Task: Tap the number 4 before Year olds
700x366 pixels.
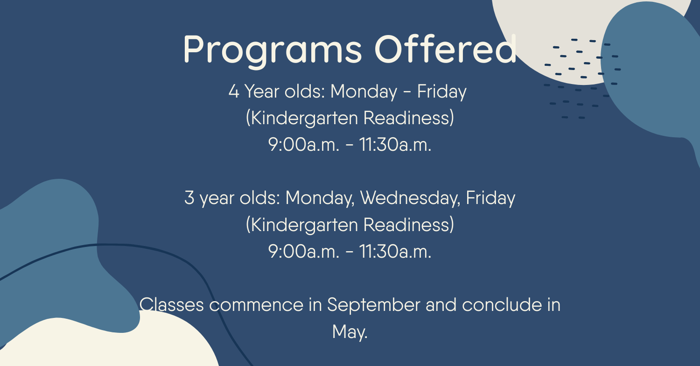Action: pyautogui.click(x=234, y=91)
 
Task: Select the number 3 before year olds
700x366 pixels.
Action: pyautogui.click(x=189, y=197)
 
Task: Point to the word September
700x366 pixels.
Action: pyautogui.click(x=374, y=305)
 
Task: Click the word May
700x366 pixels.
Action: pyautogui.click(x=350, y=332)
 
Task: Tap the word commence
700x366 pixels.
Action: pyautogui.click(x=256, y=305)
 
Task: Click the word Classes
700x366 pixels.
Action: pyautogui.click(x=172, y=304)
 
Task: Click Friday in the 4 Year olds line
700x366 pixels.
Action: pyautogui.click(x=441, y=92)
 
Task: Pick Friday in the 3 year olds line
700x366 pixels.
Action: pyautogui.click(x=490, y=198)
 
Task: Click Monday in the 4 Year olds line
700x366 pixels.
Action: pyautogui.click(x=364, y=92)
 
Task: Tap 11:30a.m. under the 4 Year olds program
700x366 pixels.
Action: pyautogui.click(x=395, y=145)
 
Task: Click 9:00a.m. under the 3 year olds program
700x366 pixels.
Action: pyautogui.click(x=303, y=252)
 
